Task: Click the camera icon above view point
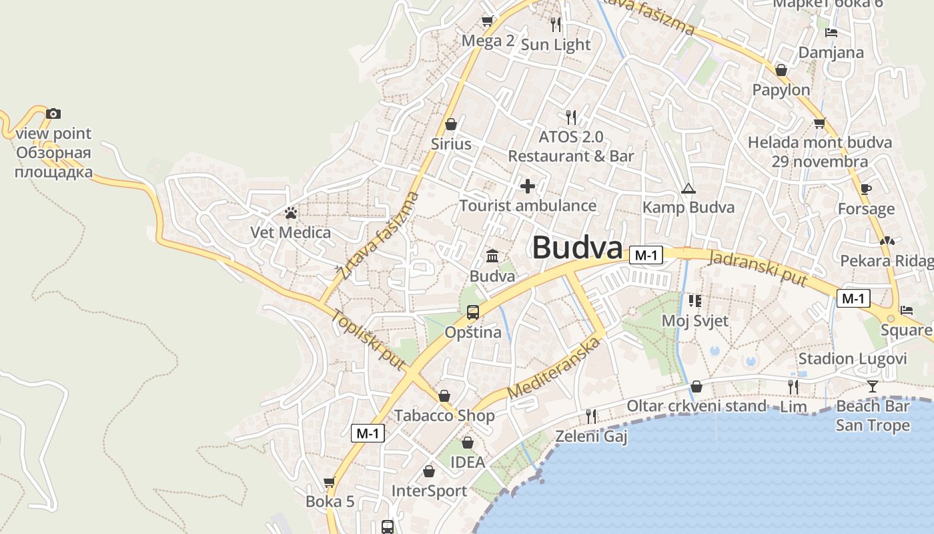tap(53, 114)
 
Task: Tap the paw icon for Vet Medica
tap(291, 214)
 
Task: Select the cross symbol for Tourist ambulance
tap(528, 186)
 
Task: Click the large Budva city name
tap(577, 248)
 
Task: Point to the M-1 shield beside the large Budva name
tap(646, 255)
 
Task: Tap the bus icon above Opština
tap(473, 312)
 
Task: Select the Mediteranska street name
tap(554, 368)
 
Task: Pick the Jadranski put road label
tap(758, 268)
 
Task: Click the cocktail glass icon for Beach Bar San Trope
tap(873, 386)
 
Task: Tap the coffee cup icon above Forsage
tap(866, 190)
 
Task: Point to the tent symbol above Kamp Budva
tap(688, 188)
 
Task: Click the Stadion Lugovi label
tap(853, 359)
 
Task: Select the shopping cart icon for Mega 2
tap(488, 21)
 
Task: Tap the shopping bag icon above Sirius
tap(451, 124)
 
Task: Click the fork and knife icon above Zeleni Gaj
tap(591, 417)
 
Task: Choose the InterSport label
tap(429, 491)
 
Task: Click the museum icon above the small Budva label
tap(492, 256)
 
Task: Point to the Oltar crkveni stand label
tap(696, 406)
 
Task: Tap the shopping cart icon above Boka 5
tap(329, 482)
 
